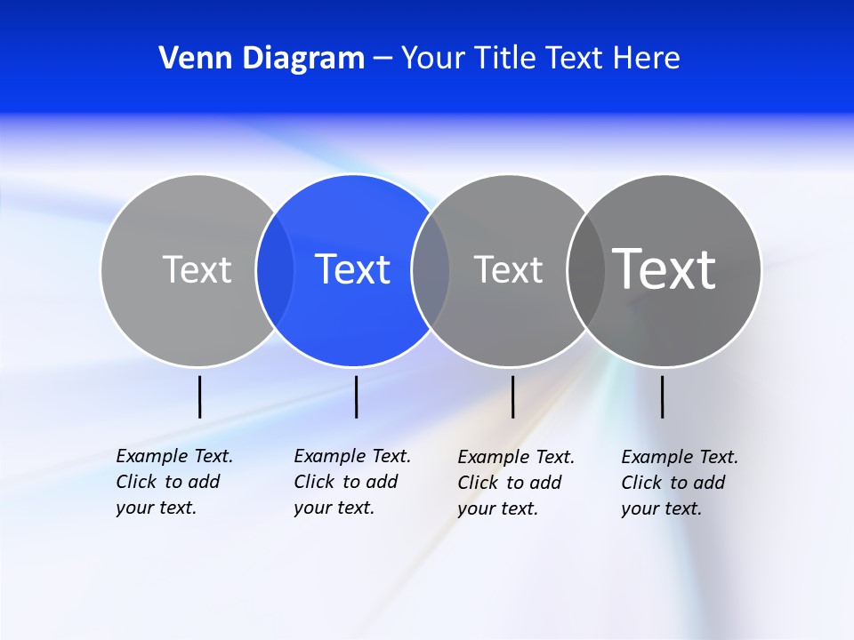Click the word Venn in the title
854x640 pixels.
(188, 58)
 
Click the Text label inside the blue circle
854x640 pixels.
(353, 269)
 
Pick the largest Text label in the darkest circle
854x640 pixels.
(665, 268)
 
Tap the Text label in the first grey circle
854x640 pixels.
(197, 269)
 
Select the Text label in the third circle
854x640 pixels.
(508, 269)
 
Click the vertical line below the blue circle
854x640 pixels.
(356, 396)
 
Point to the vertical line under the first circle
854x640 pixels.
(199, 396)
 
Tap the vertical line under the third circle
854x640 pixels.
(512, 396)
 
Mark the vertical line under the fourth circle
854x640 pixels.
(662, 396)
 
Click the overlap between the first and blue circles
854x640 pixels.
(275, 269)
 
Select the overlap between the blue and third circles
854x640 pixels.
(431, 269)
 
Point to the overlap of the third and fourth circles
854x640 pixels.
(586, 269)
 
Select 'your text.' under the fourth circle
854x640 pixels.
(661, 508)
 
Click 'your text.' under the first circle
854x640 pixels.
(156, 508)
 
